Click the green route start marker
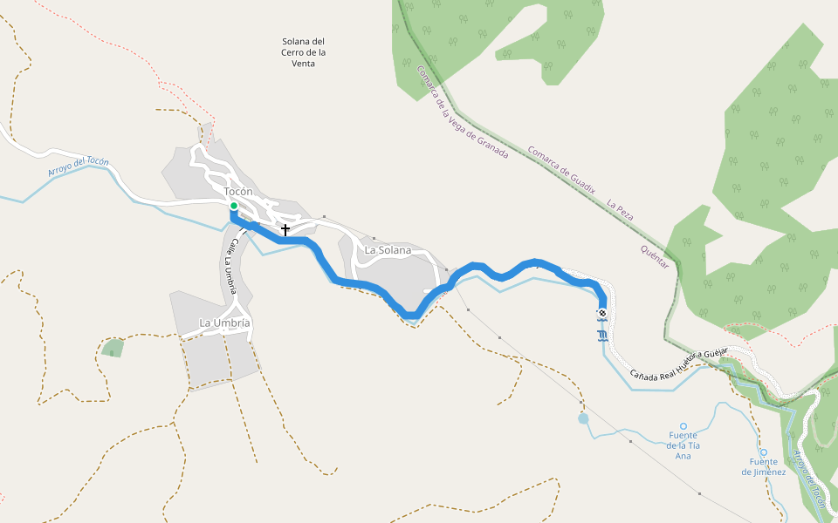[x=234, y=207]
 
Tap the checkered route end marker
[x=602, y=313]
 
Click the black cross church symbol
[x=285, y=230]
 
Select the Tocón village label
[x=238, y=192]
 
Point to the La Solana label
[x=388, y=250]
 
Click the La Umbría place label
[x=225, y=323]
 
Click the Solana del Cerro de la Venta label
[x=304, y=52]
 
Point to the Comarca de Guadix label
[x=560, y=169]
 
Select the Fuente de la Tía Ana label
[x=683, y=445]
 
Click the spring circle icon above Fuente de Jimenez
[x=764, y=452]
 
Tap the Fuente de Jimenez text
[x=764, y=467]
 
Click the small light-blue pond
[x=583, y=418]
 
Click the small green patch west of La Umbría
[x=112, y=349]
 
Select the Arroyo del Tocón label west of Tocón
[x=78, y=165]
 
